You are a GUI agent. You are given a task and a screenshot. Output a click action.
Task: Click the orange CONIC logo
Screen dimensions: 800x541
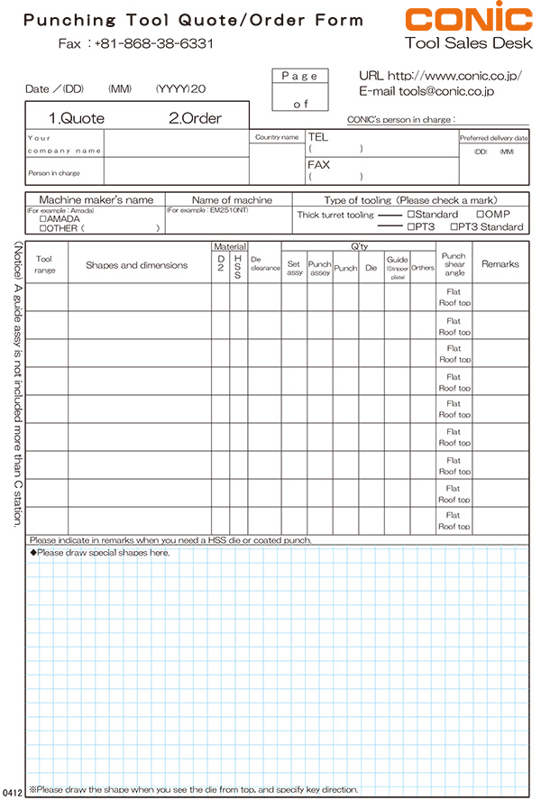coord(468,19)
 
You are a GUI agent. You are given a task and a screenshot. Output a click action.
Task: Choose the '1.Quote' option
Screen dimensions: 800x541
coord(76,118)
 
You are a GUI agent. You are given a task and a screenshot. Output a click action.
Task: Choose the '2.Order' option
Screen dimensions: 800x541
coord(195,118)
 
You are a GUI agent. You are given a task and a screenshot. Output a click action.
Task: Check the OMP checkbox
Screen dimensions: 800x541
coord(480,215)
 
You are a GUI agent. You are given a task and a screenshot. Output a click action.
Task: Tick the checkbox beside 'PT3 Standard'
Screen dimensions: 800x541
coord(454,227)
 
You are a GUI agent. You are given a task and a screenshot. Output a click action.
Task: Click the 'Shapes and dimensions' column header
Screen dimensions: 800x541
coord(136,265)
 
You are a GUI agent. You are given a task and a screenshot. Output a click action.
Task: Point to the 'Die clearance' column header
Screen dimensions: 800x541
coord(265,265)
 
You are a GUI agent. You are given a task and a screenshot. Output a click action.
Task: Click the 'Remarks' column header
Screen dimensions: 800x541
coord(500,264)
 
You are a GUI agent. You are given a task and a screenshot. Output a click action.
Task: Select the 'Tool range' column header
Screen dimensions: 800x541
coord(50,264)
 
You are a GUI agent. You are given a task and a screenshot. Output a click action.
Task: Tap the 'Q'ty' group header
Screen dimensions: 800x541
coord(358,245)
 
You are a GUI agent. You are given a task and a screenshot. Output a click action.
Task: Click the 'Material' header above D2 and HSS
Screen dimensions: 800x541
coord(229,245)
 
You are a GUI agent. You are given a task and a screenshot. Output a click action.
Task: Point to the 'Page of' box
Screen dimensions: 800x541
coord(300,90)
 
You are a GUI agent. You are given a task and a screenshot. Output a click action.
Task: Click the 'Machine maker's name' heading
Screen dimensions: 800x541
coord(96,199)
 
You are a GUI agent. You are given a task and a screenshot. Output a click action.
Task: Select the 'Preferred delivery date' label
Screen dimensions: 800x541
coord(493,138)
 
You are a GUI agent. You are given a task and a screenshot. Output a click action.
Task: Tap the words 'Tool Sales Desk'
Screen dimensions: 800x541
coord(468,42)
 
